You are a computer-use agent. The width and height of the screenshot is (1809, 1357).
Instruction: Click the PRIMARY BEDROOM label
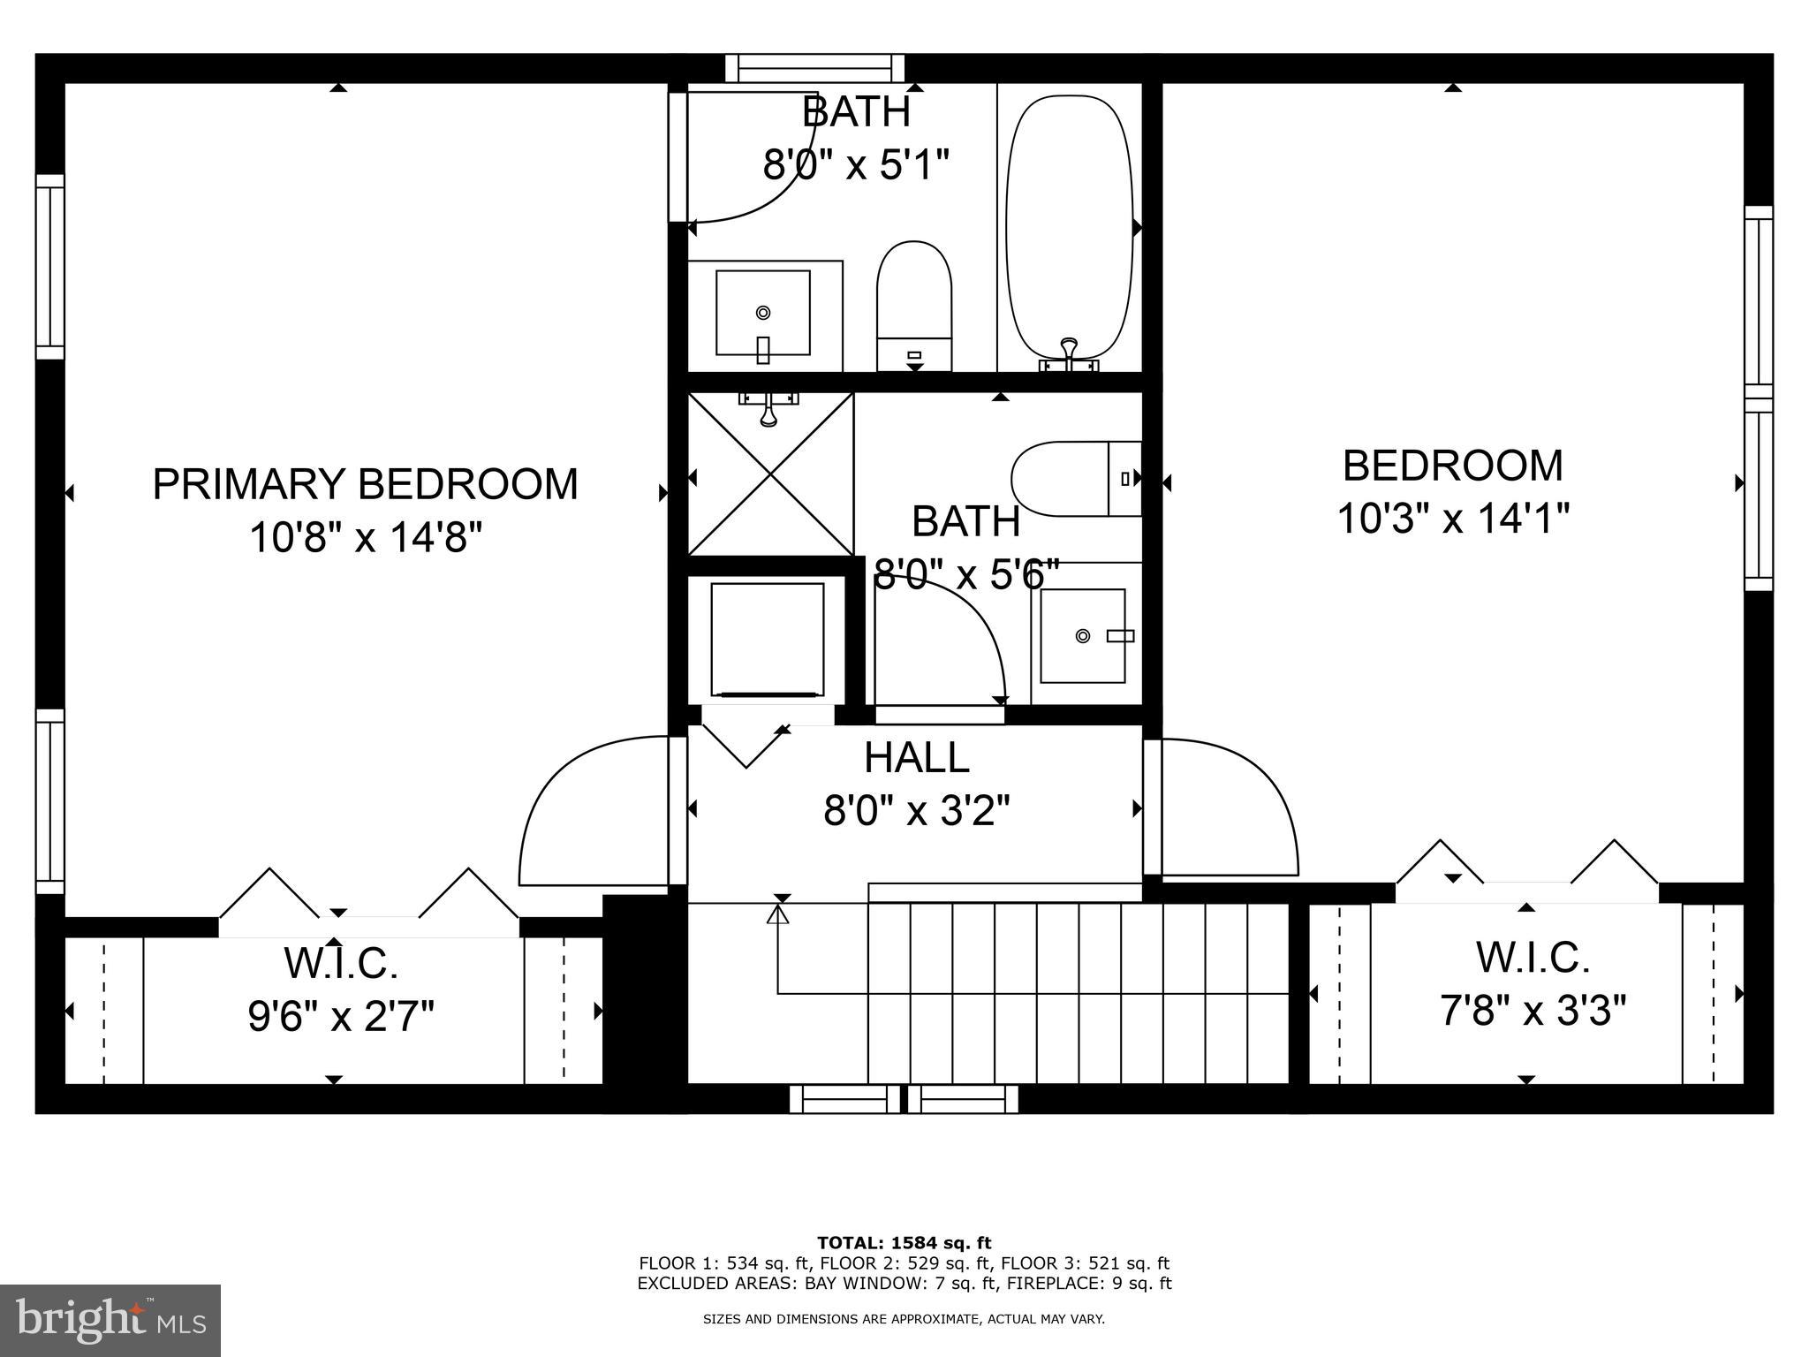365,484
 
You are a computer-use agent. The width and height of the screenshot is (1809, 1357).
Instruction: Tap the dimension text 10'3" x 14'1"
1452,519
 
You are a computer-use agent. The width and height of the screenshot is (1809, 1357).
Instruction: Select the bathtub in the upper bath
1069,230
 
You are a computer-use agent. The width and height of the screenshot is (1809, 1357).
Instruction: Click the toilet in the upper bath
913,305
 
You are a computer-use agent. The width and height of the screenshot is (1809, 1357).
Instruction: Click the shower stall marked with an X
771,475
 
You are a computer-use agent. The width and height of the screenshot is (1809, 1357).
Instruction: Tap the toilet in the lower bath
1076,479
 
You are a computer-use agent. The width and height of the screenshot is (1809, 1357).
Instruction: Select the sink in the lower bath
1083,635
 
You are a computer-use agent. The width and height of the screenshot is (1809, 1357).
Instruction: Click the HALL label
916,758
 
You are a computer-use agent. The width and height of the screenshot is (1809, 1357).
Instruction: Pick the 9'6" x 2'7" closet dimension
341,1017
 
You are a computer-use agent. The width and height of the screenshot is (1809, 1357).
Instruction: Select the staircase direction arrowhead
778,915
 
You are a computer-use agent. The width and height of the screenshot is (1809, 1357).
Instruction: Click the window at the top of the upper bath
815,68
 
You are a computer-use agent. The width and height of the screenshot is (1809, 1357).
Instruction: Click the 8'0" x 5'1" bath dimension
856,165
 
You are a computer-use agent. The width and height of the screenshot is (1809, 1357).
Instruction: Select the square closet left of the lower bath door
768,639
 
